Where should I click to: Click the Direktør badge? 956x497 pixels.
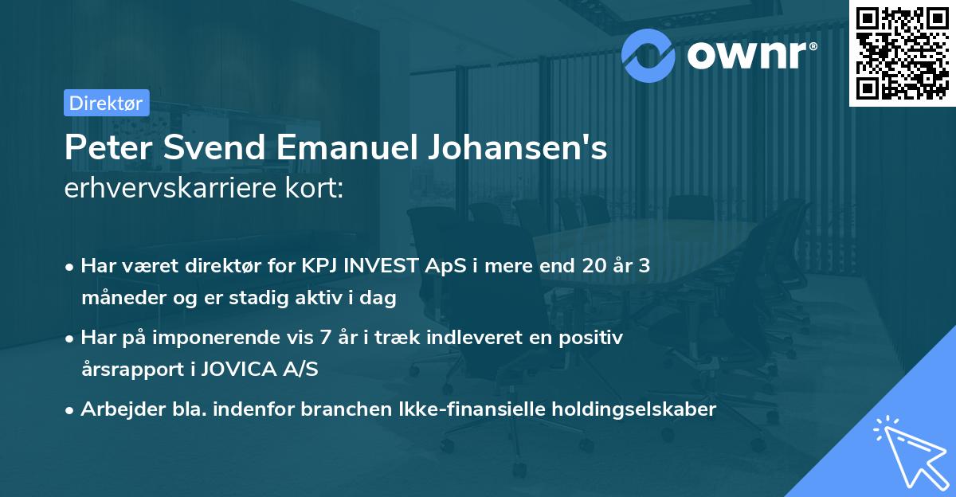106,103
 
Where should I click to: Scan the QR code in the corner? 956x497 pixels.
902,53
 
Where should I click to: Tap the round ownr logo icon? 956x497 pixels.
648,54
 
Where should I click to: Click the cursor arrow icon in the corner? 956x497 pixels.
908,454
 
